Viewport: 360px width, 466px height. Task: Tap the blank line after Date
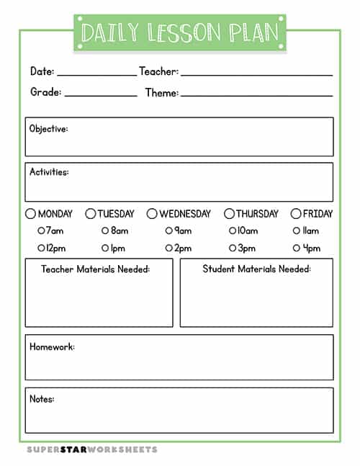(x=96, y=74)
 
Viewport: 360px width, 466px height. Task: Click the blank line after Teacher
(x=256, y=74)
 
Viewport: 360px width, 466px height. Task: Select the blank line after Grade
(x=101, y=95)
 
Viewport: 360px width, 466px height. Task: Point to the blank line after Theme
(x=256, y=95)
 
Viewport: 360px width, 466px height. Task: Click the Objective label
(x=49, y=129)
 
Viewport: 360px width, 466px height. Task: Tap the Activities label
(x=49, y=172)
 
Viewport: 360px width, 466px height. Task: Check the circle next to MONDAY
(x=30, y=214)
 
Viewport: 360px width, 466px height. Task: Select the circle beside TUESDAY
(x=91, y=214)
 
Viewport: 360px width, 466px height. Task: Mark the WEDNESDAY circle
(x=152, y=214)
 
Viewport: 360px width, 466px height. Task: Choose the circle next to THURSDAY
(x=229, y=214)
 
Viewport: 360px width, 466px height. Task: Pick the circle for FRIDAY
(x=296, y=214)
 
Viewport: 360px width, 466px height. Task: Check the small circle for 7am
(x=41, y=231)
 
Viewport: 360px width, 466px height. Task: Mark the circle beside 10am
(x=233, y=231)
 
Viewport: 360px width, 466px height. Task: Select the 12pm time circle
(x=41, y=248)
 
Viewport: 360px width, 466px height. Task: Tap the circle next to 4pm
(x=297, y=248)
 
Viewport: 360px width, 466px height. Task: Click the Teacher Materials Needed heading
(x=95, y=269)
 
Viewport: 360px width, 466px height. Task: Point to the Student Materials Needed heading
(x=256, y=269)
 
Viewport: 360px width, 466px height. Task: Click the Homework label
(x=52, y=347)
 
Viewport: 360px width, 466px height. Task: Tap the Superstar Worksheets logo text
(x=92, y=449)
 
